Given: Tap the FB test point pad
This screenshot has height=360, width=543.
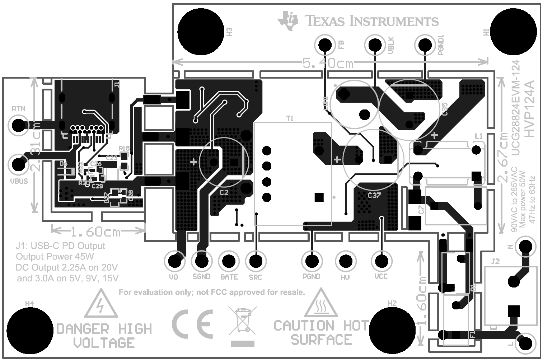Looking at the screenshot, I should click(x=325, y=45).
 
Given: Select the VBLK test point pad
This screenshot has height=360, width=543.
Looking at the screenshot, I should click(x=375, y=45).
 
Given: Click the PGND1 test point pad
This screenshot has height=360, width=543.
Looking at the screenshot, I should click(x=426, y=45).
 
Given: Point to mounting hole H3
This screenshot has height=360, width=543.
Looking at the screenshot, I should click(x=201, y=32).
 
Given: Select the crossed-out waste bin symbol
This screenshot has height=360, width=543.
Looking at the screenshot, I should click(x=243, y=320).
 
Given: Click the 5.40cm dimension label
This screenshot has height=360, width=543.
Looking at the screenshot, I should click(x=328, y=63).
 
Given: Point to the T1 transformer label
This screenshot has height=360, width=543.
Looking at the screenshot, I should click(x=290, y=118).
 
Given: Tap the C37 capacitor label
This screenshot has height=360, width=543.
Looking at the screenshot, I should click(x=374, y=196).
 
